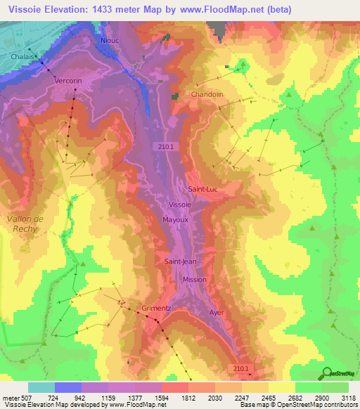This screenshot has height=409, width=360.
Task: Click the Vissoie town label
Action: coord(180,204)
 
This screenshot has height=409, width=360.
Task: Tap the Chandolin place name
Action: coord(207,94)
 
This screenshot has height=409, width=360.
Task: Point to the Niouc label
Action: coord(110,41)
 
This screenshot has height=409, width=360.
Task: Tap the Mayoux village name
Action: coord(175,219)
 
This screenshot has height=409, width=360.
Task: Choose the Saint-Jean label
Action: coord(181,261)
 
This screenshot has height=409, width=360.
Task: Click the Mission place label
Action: coord(195,279)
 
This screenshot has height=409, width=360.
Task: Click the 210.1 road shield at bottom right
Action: coord(241,368)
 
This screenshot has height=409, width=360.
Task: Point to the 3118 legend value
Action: coord(347,398)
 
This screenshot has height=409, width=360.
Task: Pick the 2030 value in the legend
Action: coord(214,398)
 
